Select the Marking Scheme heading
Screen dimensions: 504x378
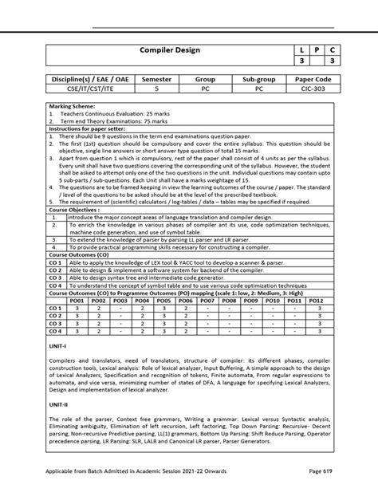73,105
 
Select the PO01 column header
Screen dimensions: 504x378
77,301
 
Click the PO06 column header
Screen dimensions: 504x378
186,301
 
